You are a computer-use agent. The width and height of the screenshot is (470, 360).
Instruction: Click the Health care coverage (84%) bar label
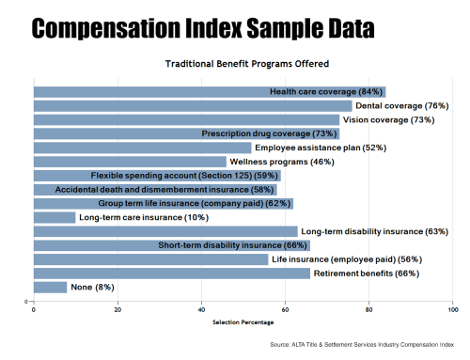point(326,91)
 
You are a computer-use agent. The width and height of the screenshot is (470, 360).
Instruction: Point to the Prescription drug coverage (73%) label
point(269,133)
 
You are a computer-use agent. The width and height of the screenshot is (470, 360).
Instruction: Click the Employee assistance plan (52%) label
point(307,148)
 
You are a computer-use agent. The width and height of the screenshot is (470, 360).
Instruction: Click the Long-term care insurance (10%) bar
point(54,217)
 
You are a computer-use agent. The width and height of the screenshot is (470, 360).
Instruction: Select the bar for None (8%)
point(50,287)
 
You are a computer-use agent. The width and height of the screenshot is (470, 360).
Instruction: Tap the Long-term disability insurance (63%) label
point(361,231)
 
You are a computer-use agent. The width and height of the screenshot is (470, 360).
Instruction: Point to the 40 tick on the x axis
point(201,309)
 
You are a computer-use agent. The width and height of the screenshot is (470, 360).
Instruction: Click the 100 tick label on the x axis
point(453,309)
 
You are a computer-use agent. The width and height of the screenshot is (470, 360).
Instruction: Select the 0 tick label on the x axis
point(34,309)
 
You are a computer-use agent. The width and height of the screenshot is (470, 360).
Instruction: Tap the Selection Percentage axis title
point(243,322)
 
